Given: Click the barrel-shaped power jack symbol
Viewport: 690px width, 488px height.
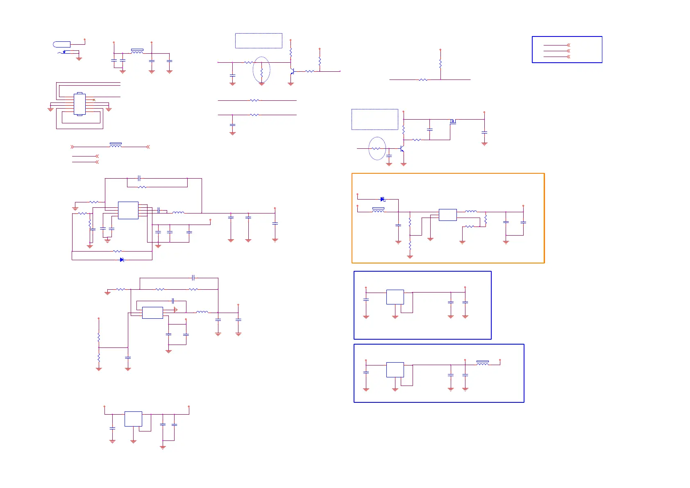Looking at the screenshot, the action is pyautogui.click(x=62, y=44).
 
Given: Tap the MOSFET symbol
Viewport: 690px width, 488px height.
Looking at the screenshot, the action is pyautogui.click(x=453, y=121).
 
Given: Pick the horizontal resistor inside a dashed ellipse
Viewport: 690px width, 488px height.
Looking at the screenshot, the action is pyautogui.click(x=376, y=148).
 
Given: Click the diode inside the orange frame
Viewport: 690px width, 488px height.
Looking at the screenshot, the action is pyautogui.click(x=382, y=199).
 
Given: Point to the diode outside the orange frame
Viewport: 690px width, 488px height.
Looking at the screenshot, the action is pyautogui.click(x=122, y=259).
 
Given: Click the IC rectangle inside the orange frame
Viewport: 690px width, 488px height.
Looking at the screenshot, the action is pyautogui.click(x=447, y=215).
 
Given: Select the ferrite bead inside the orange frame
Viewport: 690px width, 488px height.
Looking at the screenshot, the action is pyautogui.click(x=378, y=210).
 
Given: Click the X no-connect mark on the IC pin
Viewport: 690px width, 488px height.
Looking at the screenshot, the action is pyautogui.click(x=94, y=100).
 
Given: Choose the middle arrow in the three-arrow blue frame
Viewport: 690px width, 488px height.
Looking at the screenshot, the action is pyautogui.click(x=568, y=51).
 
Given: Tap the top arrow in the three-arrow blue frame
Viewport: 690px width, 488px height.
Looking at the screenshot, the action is pyautogui.click(x=568, y=45).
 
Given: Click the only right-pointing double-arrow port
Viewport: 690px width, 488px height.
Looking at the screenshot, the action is pyautogui.click(x=73, y=147).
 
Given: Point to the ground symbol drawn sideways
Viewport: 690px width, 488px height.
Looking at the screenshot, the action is pyautogui.click(x=175, y=310).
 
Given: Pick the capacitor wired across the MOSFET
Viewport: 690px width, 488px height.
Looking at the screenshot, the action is pyautogui.click(x=429, y=130).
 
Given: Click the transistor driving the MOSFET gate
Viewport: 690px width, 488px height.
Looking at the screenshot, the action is pyautogui.click(x=402, y=148).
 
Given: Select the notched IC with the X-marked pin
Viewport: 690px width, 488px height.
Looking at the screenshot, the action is pyautogui.click(x=79, y=104).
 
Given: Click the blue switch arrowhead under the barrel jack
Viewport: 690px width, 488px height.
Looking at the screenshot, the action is pyautogui.click(x=64, y=52).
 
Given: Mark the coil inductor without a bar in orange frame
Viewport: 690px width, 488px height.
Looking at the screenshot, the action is pyautogui.click(x=471, y=211).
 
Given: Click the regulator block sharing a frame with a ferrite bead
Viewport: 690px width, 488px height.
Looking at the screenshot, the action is pyautogui.click(x=395, y=370).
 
